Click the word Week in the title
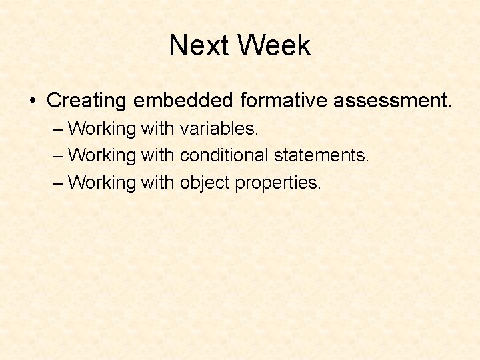coord(274,45)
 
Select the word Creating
coord(87,101)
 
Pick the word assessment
coord(393,101)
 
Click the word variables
coord(219,128)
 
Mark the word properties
coord(278,183)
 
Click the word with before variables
coord(157,128)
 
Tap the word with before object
coord(157,182)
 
